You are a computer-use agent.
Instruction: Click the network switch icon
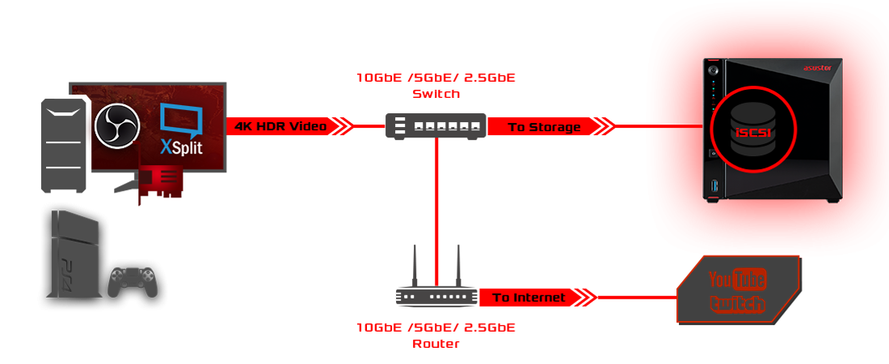[x=436, y=125]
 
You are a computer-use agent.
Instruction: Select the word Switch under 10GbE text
[x=436, y=94]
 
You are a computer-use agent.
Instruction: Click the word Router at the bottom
[x=436, y=344]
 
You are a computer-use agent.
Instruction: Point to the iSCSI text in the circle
[x=753, y=132]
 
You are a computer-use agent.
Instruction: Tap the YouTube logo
[x=737, y=279]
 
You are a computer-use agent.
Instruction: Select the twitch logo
[x=738, y=303]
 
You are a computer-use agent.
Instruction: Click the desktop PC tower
[x=65, y=144]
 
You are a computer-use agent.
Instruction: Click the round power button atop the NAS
[x=713, y=70]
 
